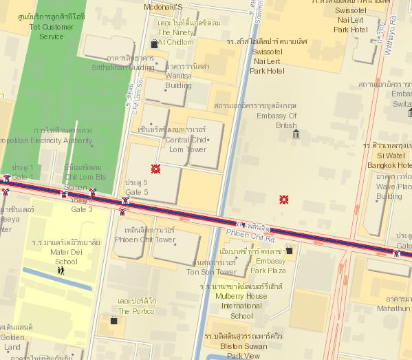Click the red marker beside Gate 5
156,169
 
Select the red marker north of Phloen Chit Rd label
283,200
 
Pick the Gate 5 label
136,187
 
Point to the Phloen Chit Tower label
145,235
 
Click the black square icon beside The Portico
113,320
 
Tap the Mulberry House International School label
241,301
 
